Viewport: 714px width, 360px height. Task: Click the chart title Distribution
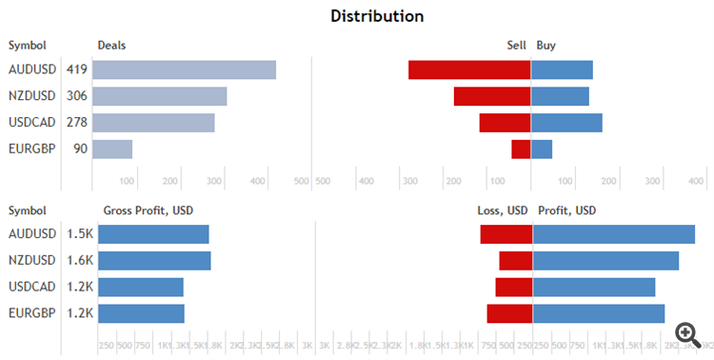click(377, 16)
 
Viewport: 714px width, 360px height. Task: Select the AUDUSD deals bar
click(184, 70)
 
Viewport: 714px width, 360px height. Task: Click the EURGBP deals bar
click(112, 149)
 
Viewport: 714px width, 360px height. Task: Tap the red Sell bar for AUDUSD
click(469, 70)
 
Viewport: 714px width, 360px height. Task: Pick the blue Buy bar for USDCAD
click(566, 122)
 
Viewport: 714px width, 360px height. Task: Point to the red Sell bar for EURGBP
click(521, 149)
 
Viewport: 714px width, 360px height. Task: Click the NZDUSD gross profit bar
click(154, 261)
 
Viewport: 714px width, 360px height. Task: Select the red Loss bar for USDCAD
click(514, 287)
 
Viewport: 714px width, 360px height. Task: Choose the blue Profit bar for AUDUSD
click(614, 234)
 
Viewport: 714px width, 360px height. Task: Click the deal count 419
click(77, 70)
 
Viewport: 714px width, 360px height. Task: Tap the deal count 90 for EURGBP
click(80, 149)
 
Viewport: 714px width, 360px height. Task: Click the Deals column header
click(111, 45)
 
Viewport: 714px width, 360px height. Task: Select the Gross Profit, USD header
click(148, 210)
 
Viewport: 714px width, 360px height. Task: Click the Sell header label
click(517, 45)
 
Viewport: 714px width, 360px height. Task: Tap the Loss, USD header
click(502, 210)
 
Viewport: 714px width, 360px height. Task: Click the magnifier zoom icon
click(687, 332)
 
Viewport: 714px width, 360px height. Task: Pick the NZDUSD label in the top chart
click(31, 96)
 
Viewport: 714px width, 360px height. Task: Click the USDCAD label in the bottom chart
click(31, 287)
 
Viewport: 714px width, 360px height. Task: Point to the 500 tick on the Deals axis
click(302, 181)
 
